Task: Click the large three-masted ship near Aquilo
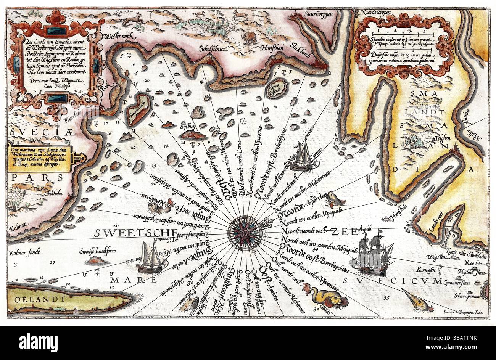coord(372,254)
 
